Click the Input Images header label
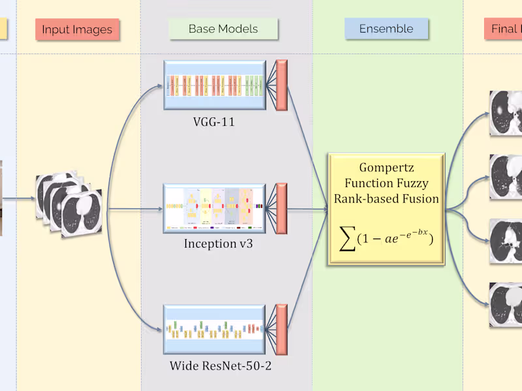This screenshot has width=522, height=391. pos(77,29)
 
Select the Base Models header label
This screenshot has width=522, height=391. pos(223,29)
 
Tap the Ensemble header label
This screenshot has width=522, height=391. pos(386,29)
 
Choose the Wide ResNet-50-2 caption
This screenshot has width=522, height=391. pos(221,366)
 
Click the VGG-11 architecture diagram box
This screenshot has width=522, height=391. pos(215,85)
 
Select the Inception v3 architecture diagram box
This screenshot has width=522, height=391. pos(215,209)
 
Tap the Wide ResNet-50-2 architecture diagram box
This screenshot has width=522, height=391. pos(214,330)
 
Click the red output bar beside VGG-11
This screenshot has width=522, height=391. pos(282,85)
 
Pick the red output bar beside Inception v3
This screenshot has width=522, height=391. pos(282,209)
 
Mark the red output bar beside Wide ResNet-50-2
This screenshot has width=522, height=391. pos(282,330)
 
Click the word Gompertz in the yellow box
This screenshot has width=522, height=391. pos(386,167)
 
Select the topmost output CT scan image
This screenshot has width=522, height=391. pos(506,112)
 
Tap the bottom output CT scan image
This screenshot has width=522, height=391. pos(506,304)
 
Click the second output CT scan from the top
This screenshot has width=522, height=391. pos(506,176)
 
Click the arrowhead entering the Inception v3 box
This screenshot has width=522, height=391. pos(159,210)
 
